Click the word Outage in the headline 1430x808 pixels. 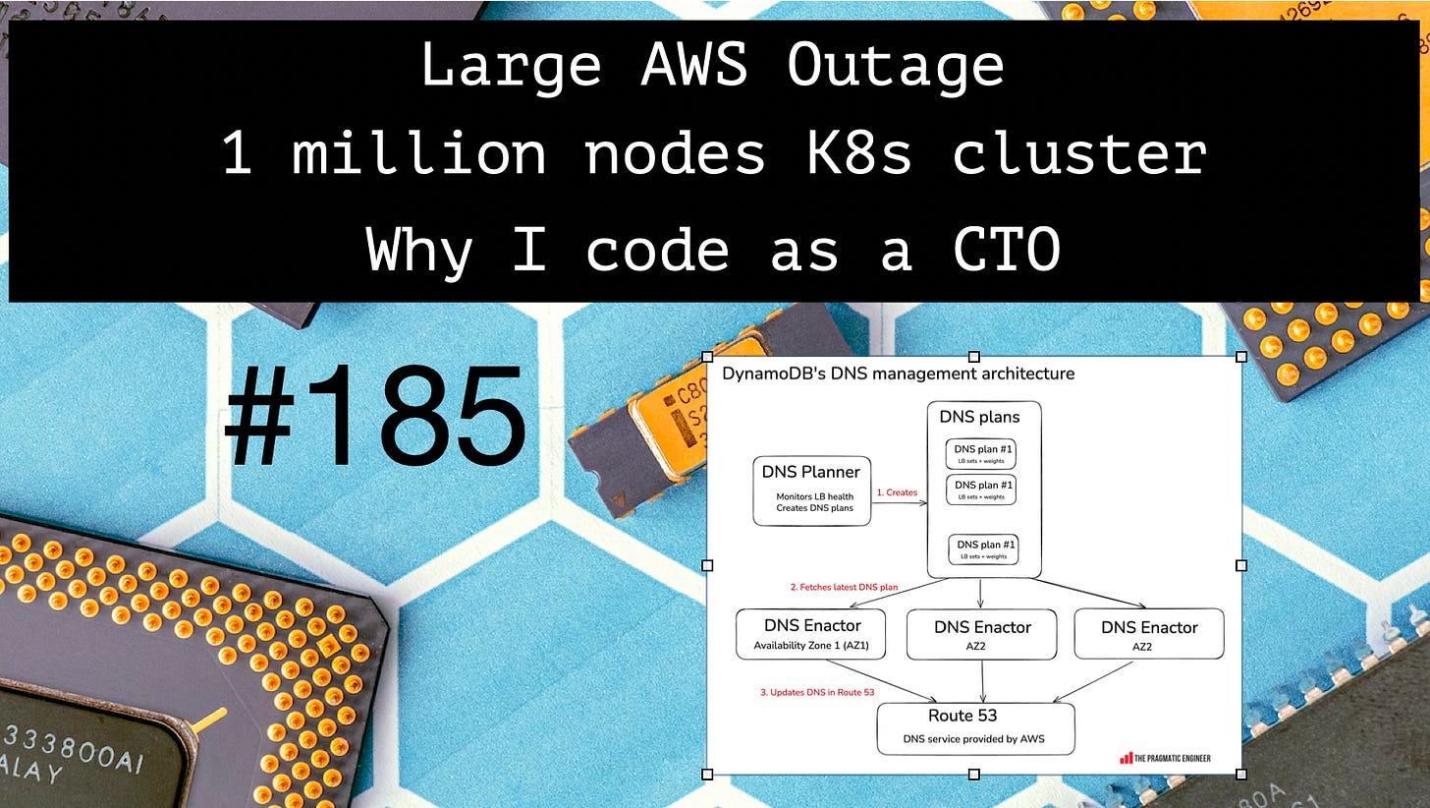pyautogui.click(x=895, y=66)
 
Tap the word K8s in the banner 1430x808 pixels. pyautogui.click(x=860, y=153)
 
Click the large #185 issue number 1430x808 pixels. pyautogui.click(x=376, y=417)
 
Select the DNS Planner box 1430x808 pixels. pyautogui.click(x=811, y=490)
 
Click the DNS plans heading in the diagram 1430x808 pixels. pyautogui.click(x=979, y=417)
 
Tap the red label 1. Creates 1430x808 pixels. pyautogui.click(x=897, y=492)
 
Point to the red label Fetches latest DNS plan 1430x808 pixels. pyautogui.click(x=844, y=587)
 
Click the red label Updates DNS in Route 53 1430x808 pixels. pyautogui.click(x=817, y=692)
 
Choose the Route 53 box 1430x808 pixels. pyautogui.click(x=975, y=728)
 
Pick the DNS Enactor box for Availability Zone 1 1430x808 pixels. pyautogui.click(x=810, y=634)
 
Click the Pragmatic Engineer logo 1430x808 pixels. pyautogui.click(x=1165, y=758)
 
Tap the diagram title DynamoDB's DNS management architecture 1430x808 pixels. pyautogui.click(x=898, y=374)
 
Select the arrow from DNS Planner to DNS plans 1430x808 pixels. pyautogui.click(x=899, y=503)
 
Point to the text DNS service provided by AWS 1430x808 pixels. pyautogui.click(x=975, y=739)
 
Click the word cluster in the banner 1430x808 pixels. pyautogui.click(x=1079, y=153)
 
